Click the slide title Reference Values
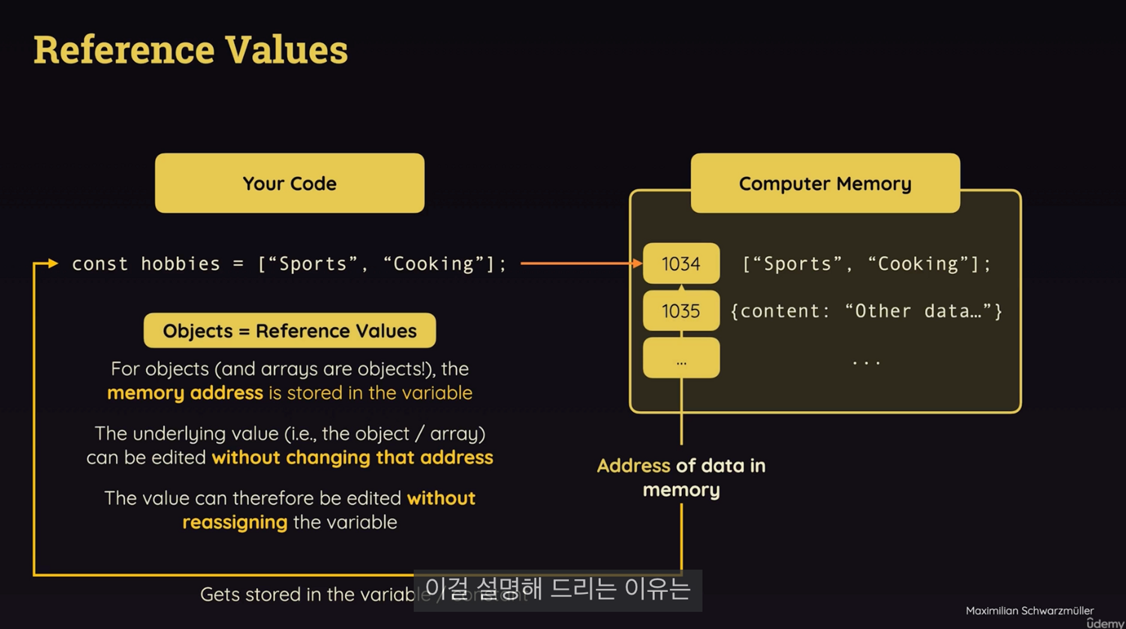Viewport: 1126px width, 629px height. click(x=190, y=50)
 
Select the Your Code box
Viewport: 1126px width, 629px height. click(x=289, y=183)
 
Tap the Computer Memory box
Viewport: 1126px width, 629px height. click(x=825, y=183)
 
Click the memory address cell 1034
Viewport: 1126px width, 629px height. click(x=681, y=264)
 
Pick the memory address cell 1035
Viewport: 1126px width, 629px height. click(x=681, y=311)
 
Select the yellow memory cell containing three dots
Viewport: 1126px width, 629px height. click(x=681, y=358)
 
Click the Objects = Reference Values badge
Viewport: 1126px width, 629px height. click(x=289, y=331)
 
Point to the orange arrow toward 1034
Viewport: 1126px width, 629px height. click(x=580, y=263)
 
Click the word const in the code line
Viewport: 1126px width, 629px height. click(x=100, y=264)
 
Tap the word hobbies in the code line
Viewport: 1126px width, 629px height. click(x=180, y=264)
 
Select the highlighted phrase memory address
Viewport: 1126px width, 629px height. click(x=185, y=392)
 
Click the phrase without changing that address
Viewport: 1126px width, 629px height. click(x=352, y=457)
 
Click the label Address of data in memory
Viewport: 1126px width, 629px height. click(x=681, y=477)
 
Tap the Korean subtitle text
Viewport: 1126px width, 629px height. click(x=557, y=589)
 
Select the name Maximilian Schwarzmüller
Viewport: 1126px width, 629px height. click(x=1029, y=610)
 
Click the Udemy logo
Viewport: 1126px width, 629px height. click(x=1105, y=623)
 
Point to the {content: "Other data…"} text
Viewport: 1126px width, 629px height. click(x=866, y=311)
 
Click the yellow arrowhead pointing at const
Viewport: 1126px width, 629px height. click(x=53, y=263)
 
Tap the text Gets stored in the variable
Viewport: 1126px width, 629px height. click(x=307, y=594)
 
